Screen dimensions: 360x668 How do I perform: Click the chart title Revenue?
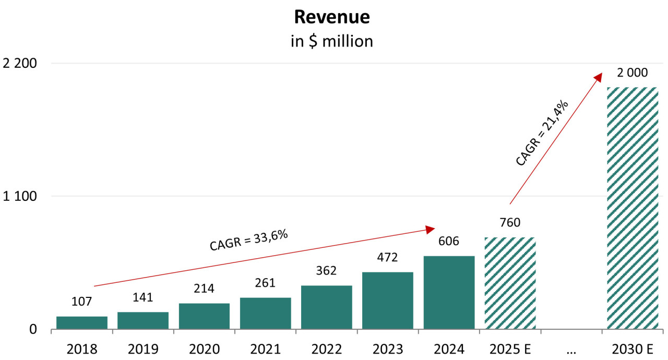(332, 17)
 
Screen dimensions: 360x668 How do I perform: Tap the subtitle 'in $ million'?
(332, 41)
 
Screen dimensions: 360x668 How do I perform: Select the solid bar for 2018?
(82, 322)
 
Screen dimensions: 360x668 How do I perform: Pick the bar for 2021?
(266, 313)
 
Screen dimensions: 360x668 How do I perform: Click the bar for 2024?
(449, 292)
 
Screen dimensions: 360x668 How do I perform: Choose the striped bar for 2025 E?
(510, 283)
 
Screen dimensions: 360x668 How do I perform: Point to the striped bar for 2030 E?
(633, 209)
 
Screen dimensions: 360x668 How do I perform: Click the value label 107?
(81, 302)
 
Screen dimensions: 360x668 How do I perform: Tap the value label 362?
(326, 271)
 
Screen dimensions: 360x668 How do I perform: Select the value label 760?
(510, 223)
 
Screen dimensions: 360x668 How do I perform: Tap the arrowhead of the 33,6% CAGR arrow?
(431, 229)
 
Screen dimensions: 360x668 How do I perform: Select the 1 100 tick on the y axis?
(20, 197)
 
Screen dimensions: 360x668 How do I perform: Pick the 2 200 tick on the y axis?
(20, 64)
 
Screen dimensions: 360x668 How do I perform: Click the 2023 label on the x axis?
(388, 349)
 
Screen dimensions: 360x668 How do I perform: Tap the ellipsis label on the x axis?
(571, 349)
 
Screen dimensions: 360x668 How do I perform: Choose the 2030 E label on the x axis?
(633, 349)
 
